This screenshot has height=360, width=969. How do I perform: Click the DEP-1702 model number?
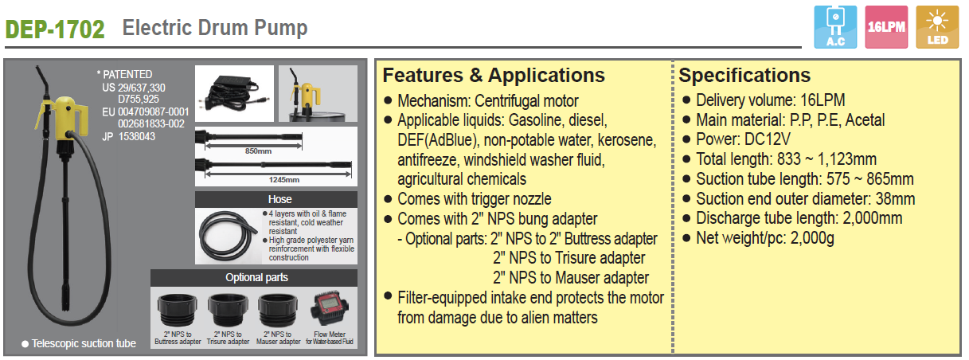(x=55, y=29)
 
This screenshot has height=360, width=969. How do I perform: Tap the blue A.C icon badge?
(x=835, y=27)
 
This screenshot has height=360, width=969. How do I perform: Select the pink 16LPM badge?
(x=886, y=27)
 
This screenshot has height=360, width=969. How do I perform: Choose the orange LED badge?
(x=937, y=27)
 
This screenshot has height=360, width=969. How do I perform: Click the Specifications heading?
(x=744, y=76)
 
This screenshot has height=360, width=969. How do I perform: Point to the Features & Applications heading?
(x=494, y=76)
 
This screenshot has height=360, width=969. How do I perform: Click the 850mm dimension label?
(x=258, y=151)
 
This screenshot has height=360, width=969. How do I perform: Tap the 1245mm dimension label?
(x=283, y=179)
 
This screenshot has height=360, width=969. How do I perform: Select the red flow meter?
(x=330, y=308)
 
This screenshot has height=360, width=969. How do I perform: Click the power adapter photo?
(x=234, y=93)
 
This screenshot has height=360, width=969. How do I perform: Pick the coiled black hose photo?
(x=228, y=236)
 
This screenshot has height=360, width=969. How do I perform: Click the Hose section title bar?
(x=276, y=199)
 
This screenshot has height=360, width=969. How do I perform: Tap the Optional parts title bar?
(x=254, y=278)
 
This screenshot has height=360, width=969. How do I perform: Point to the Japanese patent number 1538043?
(x=137, y=137)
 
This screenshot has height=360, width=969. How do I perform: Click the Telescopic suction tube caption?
(x=84, y=343)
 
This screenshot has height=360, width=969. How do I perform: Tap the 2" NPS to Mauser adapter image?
(x=278, y=310)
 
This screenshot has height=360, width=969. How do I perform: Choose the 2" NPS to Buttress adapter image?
(x=178, y=310)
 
